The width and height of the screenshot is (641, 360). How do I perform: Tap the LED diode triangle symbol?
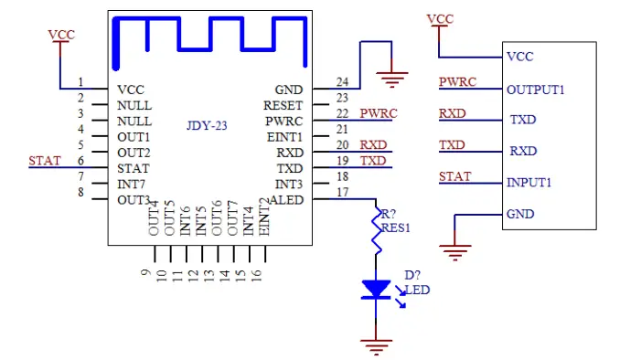pos(375,290)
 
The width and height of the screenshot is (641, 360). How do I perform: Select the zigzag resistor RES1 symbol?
pos(375,233)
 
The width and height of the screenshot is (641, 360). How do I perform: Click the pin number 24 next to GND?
pos(342,82)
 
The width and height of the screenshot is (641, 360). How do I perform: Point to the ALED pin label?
pos(285,200)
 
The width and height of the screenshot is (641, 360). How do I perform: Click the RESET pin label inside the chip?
pos(283,106)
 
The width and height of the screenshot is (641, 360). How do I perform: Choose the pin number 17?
pos(342,192)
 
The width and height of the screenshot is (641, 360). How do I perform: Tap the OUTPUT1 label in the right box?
pos(535,90)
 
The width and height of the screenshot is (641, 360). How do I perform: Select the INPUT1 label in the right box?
pos(529,183)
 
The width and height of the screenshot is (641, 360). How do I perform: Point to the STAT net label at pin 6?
pos(45,161)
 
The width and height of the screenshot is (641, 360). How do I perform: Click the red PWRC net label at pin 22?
pos(378,113)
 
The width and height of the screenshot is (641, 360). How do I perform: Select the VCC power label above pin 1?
pos(61,35)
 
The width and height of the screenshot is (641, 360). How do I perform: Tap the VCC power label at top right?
pos(440,19)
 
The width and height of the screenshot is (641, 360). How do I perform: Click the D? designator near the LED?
pos(412,275)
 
